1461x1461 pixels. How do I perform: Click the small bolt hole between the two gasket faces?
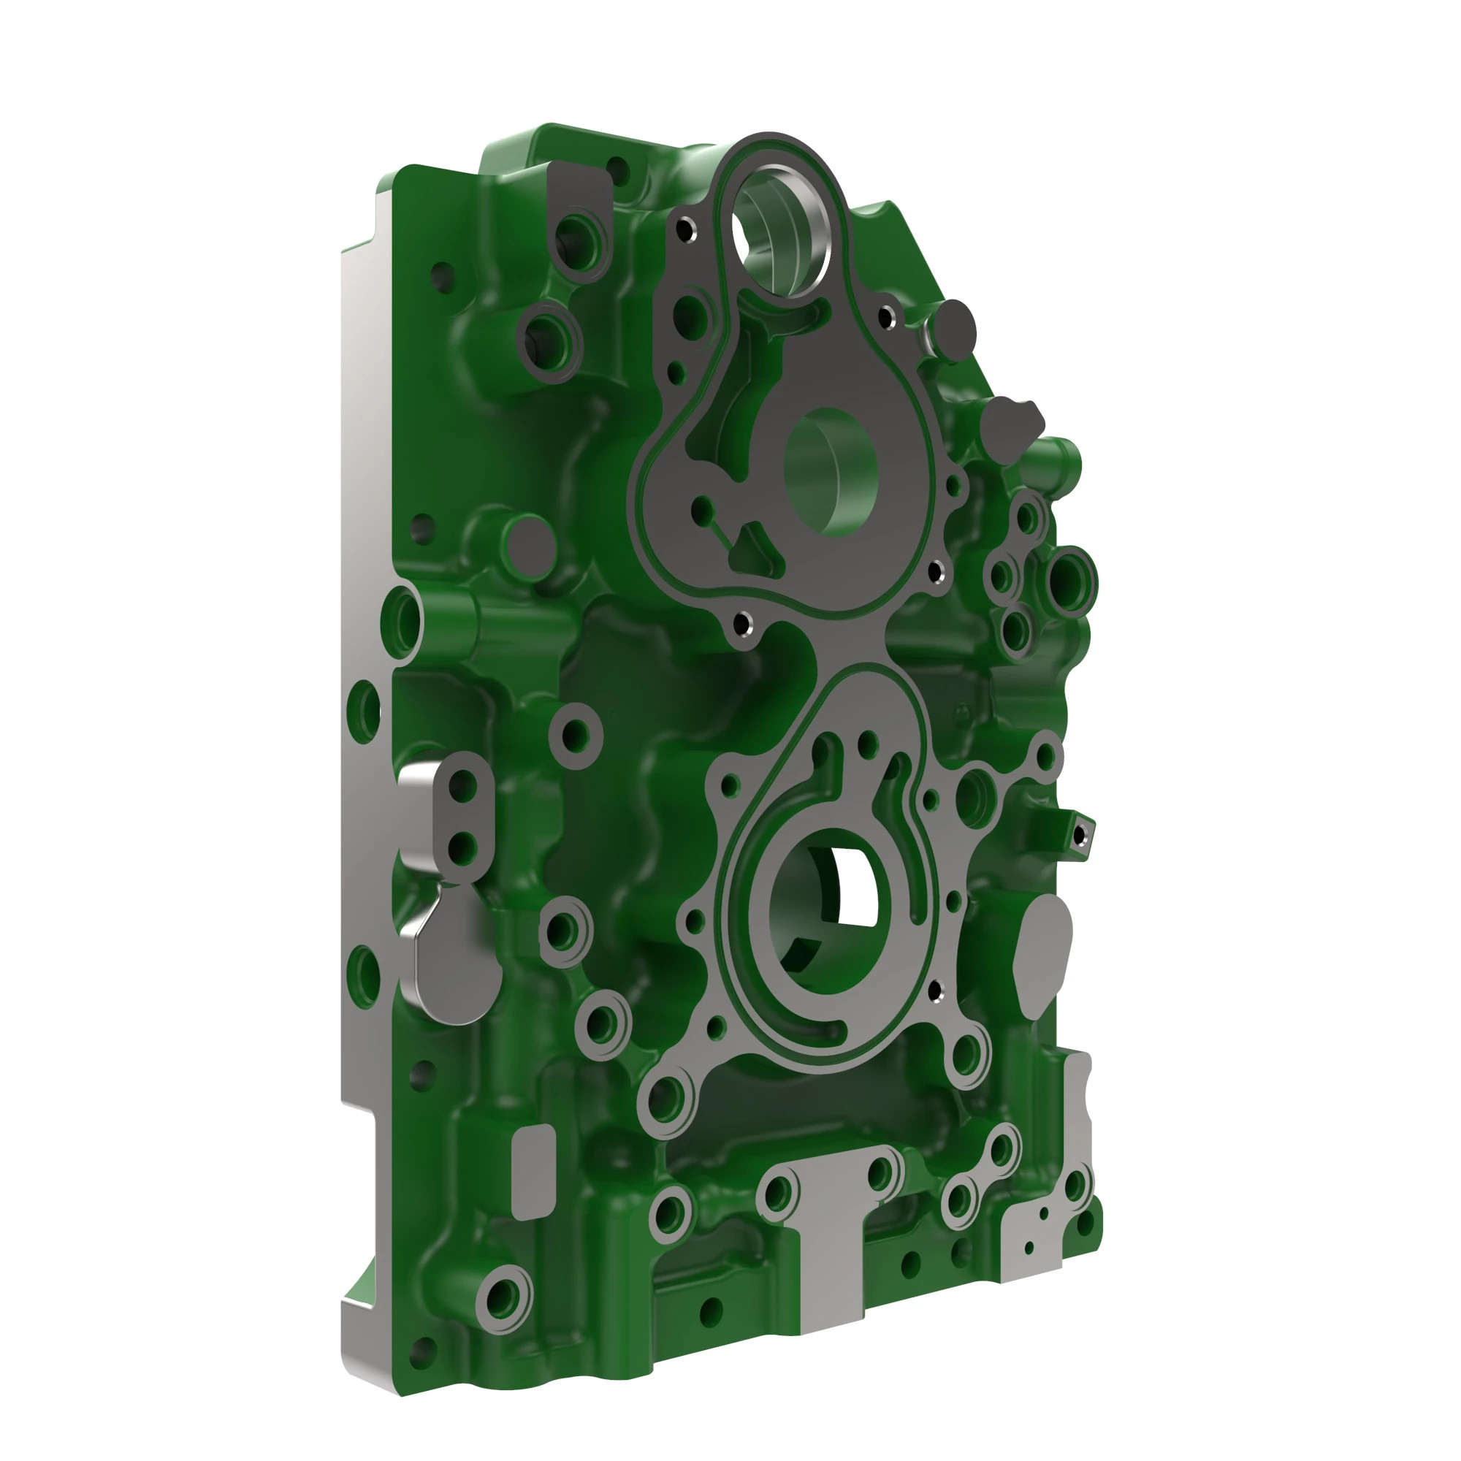coord(744,625)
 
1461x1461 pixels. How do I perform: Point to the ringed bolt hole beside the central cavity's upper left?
coord(576,733)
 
